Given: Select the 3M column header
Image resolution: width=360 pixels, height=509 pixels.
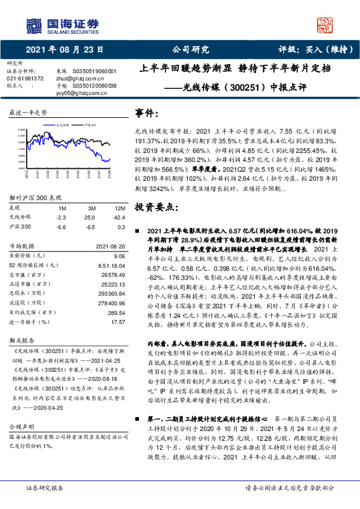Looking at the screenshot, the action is tap(92, 208).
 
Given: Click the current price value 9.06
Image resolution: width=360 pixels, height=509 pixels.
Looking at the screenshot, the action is tap(118, 256).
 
